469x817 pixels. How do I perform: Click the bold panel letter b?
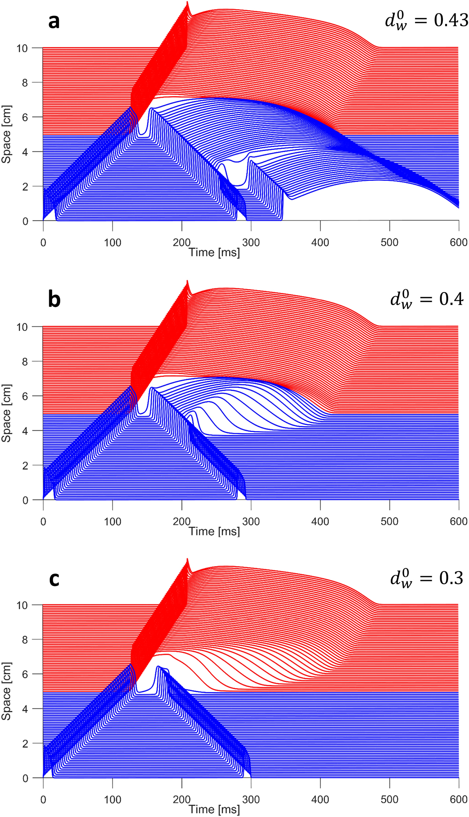click(x=54, y=300)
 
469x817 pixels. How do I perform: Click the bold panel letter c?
click(x=54, y=578)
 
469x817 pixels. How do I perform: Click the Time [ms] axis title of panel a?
click(x=214, y=253)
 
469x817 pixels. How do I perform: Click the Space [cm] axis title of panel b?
click(x=7, y=413)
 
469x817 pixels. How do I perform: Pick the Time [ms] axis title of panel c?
click(x=214, y=810)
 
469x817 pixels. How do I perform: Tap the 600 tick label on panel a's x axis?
click(x=459, y=243)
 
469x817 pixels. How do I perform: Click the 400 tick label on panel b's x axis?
click(x=320, y=521)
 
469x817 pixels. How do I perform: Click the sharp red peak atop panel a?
click(x=187, y=3)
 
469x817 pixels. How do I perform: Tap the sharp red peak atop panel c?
click(x=187, y=560)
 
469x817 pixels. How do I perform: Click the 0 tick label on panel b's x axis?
click(x=43, y=521)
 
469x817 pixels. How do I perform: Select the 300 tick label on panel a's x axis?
click(x=251, y=243)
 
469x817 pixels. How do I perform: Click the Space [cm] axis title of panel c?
click(x=7, y=691)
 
